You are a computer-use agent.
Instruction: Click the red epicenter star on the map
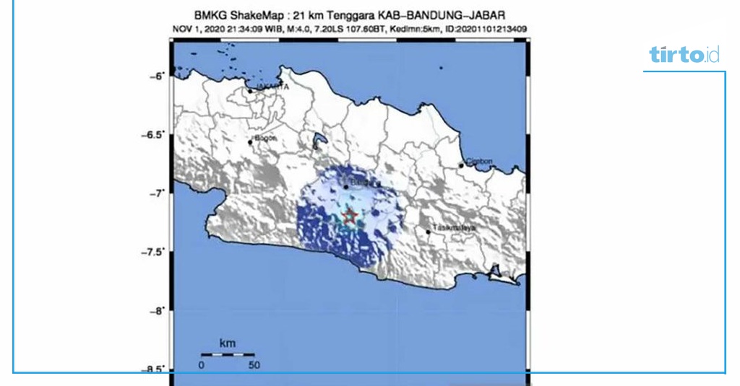point(350,216)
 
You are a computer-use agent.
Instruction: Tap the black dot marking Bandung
point(346,187)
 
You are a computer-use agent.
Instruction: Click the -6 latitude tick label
point(157,75)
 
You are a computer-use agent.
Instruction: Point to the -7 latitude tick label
point(157,193)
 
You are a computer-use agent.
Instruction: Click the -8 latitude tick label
point(157,311)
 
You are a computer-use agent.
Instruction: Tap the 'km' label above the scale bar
point(227,343)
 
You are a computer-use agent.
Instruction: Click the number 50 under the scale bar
point(254,365)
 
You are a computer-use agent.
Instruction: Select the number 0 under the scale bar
point(202,365)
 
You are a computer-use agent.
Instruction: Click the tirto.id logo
point(684,55)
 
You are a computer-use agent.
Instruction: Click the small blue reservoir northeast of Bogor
point(317,139)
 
